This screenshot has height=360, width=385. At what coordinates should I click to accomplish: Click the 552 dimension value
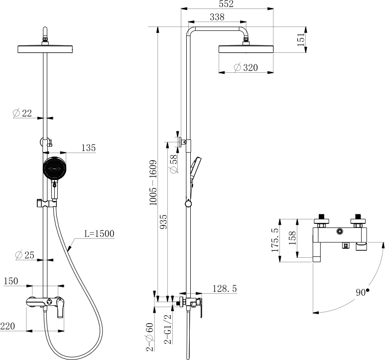226,4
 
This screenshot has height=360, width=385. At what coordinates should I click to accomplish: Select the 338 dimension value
217,17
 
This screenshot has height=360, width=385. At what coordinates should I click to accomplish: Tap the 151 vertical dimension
301,39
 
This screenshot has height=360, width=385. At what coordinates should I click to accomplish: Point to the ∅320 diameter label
246,67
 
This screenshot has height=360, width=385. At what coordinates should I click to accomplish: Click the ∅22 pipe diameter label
22,113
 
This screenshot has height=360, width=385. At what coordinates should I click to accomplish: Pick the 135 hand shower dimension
88,148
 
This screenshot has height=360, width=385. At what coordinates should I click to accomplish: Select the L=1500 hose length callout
100,233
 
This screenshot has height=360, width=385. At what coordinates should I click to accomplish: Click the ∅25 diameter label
24,255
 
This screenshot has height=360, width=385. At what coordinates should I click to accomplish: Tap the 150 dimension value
11,281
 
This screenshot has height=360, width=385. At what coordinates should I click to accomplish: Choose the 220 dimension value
7,326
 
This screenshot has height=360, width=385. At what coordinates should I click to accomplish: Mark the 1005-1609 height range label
153,182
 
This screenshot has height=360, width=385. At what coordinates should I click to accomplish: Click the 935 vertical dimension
163,222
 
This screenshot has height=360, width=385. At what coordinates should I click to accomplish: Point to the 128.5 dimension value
225,288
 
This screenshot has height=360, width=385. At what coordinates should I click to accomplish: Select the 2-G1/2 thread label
168,329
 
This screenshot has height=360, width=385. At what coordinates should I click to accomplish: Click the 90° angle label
363,292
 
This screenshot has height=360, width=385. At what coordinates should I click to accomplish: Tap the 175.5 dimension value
275,240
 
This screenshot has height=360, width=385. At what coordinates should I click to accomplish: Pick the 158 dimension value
292,238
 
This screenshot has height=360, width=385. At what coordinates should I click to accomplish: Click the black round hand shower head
55,169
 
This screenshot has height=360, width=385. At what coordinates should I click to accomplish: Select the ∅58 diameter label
173,164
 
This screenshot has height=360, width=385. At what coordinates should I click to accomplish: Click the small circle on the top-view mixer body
340,231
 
